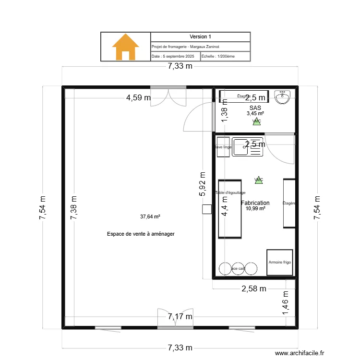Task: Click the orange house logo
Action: point(125,47)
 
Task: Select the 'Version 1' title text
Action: point(200,36)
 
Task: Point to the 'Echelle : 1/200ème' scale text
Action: point(218,56)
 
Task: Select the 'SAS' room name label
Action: point(255,108)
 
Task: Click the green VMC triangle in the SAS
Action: point(256,121)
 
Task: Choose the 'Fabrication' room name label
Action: point(255,203)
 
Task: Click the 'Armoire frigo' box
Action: point(279,263)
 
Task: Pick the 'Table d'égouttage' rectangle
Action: point(229,209)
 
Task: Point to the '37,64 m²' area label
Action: point(150,216)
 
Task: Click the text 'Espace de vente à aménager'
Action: point(141,234)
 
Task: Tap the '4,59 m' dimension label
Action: point(138,98)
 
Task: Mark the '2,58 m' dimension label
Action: point(253,288)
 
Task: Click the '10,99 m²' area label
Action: point(255,209)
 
